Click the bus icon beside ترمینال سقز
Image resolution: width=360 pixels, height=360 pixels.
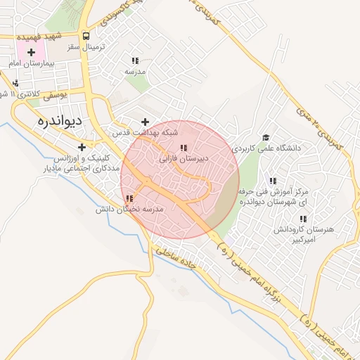[x=86, y=35]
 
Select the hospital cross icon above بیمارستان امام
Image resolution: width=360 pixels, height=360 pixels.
[x=31, y=52]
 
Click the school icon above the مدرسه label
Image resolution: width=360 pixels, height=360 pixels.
[x=134, y=60]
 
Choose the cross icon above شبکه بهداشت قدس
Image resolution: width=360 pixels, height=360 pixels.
[x=145, y=122]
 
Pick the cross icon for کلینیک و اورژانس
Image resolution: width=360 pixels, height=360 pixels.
[x=83, y=147]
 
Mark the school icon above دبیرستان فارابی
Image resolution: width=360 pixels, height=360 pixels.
[x=184, y=148]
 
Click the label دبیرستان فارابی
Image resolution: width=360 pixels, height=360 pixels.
[x=184, y=160]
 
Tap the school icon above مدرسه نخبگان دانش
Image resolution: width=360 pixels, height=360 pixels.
[x=127, y=199]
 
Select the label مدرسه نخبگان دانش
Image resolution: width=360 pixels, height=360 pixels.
[x=134, y=210]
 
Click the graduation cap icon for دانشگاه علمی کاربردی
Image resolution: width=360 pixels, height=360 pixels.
[x=266, y=138]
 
